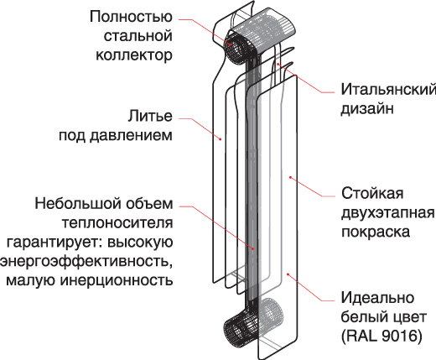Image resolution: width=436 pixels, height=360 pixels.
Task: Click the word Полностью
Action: pyautogui.click(x=131, y=17)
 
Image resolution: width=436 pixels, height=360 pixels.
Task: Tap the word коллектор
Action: pyautogui.click(x=134, y=55)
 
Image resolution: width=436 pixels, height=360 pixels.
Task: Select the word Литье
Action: pyautogui.click(x=150, y=116)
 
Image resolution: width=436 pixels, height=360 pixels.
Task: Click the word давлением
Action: pyautogui.click(x=131, y=136)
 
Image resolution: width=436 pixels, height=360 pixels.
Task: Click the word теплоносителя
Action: pyautogui.click(x=117, y=223)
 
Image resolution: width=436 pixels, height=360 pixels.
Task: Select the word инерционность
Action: pyautogui.click(x=117, y=280)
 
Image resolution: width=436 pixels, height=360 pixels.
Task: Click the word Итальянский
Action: pyautogui.click(x=388, y=90)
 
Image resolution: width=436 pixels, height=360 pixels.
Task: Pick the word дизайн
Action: pyautogui.click(x=367, y=109)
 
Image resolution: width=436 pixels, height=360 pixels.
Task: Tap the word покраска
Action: pyautogui.click(x=376, y=232)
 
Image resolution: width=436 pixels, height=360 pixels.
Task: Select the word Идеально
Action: pyautogui.click(x=377, y=298)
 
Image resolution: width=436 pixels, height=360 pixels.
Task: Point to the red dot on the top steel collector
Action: pyautogui.click(x=231, y=44)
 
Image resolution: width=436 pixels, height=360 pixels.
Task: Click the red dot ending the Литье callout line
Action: pyautogui.click(x=221, y=138)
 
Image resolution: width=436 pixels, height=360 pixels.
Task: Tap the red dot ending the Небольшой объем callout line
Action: pyautogui.click(x=252, y=248)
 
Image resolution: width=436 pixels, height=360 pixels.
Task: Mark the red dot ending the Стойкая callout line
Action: pyautogui.click(x=290, y=177)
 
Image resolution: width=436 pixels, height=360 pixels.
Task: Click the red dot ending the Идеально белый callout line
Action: pyautogui.click(x=288, y=274)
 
